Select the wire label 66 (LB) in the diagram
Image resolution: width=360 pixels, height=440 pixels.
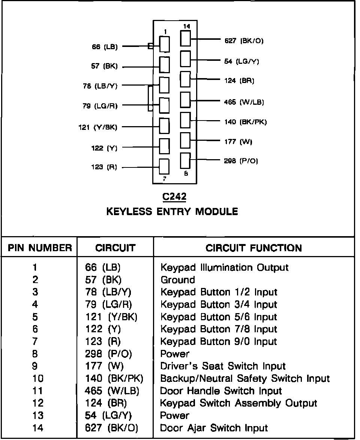click(x=105, y=47)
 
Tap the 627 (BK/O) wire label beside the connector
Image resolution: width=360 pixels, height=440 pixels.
click(x=244, y=41)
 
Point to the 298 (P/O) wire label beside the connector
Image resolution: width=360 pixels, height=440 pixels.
click(x=241, y=161)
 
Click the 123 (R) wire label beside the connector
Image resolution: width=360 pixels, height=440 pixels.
click(x=104, y=167)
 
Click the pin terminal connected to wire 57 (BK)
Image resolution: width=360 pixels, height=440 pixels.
click(x=164, y=64)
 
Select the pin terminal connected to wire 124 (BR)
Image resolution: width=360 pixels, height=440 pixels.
click(x=186, y=79)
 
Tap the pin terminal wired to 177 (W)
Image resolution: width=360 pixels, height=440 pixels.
click(x=186, y=140)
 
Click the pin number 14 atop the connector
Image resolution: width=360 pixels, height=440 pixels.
click(x=186, y=26)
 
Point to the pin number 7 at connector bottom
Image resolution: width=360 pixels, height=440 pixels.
click(x=165, y=179)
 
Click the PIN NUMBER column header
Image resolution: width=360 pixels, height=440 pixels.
click(x=40, y=248)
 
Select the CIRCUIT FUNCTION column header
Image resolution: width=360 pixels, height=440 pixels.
click(x=253, y=248)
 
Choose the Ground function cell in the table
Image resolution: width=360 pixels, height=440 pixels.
click(x=178, y=280)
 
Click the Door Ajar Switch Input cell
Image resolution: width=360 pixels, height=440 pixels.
click(x=214, y=428)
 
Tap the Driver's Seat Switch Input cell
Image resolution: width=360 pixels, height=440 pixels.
click(x=223, y=366)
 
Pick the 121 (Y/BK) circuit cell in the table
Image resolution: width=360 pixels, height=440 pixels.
click(x=111, y=317)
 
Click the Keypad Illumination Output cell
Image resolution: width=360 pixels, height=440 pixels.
click(x=224, y=268)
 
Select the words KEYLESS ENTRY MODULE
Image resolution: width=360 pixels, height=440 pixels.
click(x=172, y=212)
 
